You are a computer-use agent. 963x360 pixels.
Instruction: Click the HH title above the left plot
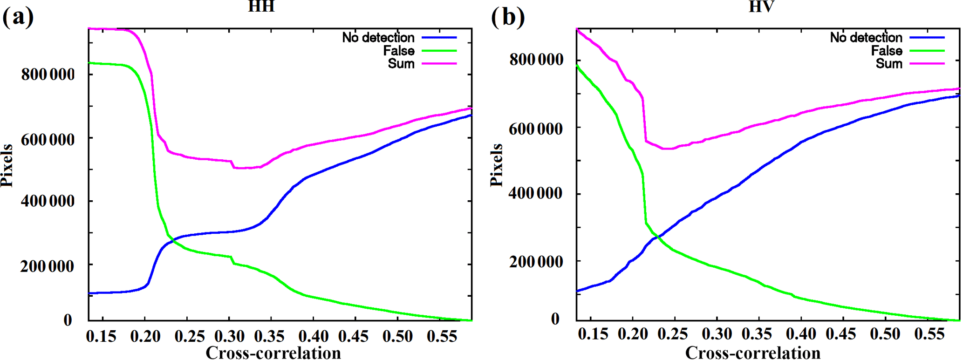click(x=261, y=6)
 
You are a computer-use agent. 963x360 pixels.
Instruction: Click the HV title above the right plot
click(x=761, y=6)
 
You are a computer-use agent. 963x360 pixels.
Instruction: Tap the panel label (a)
click(x=18, y=18)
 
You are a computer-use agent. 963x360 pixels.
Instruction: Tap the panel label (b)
click(x=507, y=18)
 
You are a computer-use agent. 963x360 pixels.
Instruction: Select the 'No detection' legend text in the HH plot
click(x=378, y=37)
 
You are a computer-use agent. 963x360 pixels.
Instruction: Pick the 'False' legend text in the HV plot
click(x=887, y=50)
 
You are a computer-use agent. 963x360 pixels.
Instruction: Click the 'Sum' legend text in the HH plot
click(x=401, y=63)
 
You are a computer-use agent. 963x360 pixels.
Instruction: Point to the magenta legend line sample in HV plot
click(x=927, y=63)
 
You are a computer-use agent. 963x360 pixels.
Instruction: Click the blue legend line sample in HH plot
click(x=439, y=37)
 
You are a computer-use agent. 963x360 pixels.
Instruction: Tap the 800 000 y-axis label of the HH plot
click(x=48, y=74)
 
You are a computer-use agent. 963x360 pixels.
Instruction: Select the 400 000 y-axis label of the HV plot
click(x=536, y=193)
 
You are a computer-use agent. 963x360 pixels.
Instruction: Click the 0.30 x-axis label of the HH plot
click(x=229, y=336)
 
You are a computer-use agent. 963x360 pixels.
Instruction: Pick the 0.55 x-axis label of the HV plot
click(x=929, y=334)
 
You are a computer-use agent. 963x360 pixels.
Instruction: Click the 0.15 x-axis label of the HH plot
click(x=101, y=336)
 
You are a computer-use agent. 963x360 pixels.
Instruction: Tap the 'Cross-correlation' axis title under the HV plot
click(x=753, y=353)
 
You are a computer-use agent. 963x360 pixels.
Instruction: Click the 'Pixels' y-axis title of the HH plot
click(x=7, y=166)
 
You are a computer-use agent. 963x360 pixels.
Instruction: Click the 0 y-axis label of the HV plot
click(x=555, y=319)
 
